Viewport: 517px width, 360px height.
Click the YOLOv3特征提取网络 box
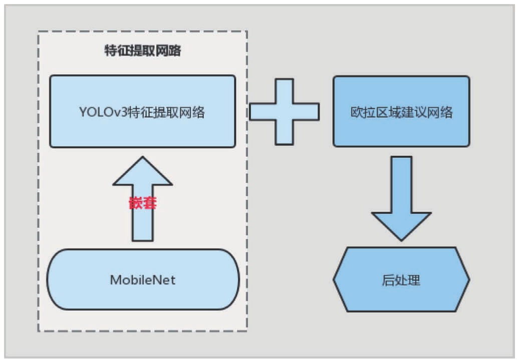pyautogui.click(x=142, y=111)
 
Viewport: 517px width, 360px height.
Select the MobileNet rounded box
pyautogui.click(x=143, y=279)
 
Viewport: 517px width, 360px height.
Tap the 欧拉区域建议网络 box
pyautogui.click(x=401, y=111)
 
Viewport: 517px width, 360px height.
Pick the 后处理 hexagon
pyautogui.click(x=401, y=279)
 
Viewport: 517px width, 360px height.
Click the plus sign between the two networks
pyautogui.click(x=284, y=111)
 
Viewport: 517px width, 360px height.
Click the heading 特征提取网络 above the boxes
pyautogui.click(x=142, y=51)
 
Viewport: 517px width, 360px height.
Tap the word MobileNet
pyautogui.click(x=143, y=279)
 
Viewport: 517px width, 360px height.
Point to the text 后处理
pyautogui.click(x=401, y=280)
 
